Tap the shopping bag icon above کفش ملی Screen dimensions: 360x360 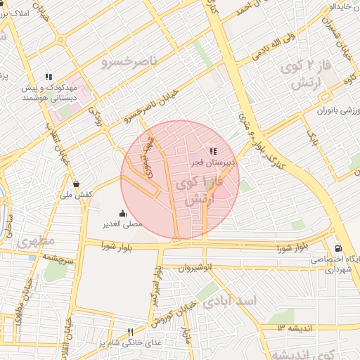tap(86, 184)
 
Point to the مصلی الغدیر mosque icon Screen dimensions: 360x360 tap(123, 214)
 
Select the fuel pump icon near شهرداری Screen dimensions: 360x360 tap(338, 248)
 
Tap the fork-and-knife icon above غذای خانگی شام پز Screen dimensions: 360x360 tap(129, 332)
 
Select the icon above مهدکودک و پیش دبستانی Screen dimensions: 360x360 tap(49, 77)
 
